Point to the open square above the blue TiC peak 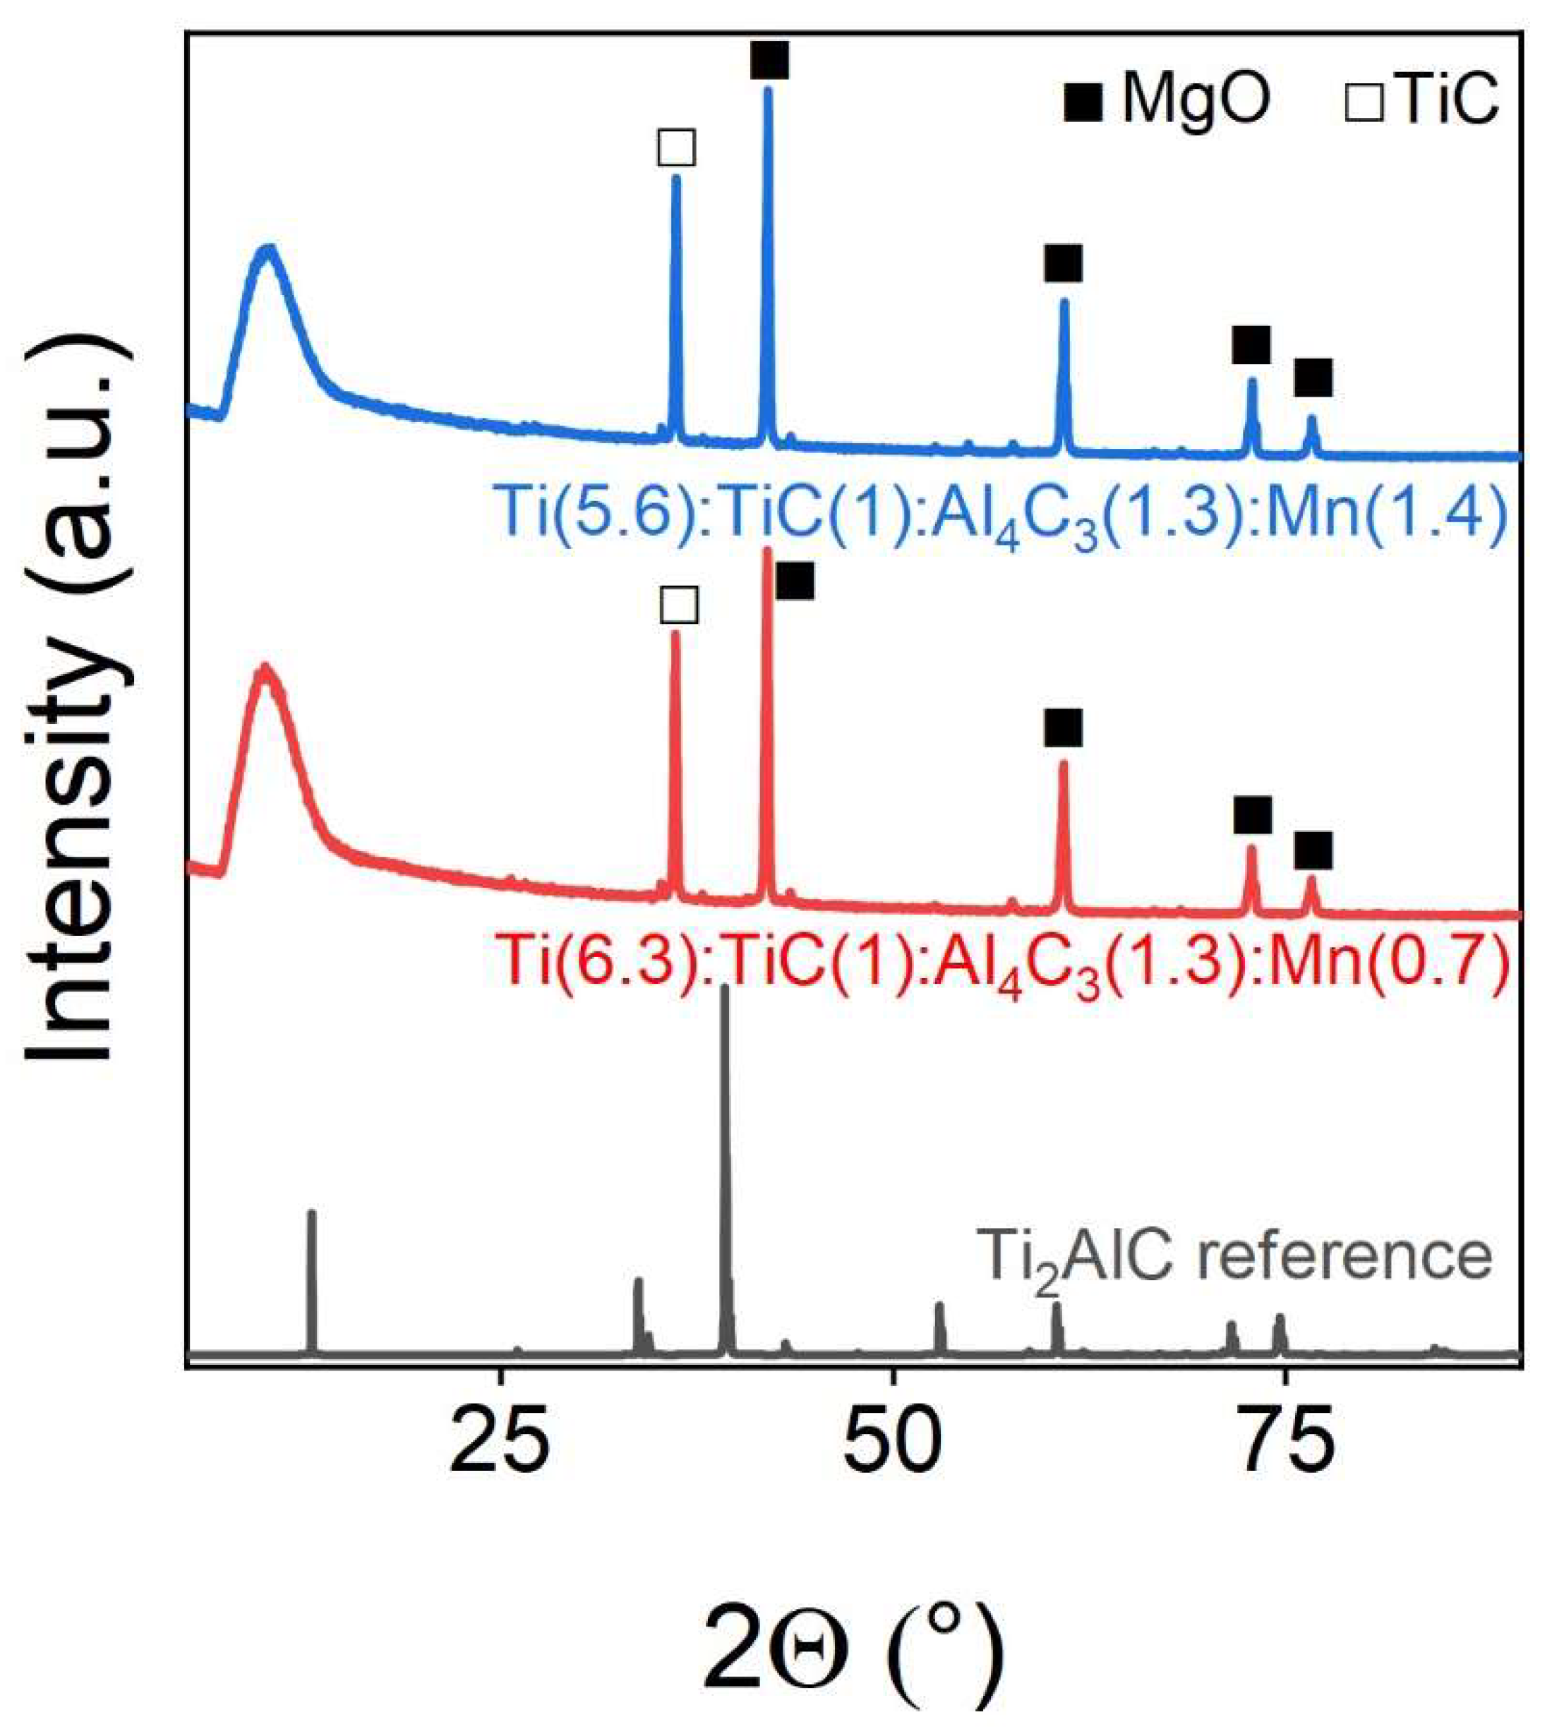[676, 147]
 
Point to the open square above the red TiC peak [680, 606]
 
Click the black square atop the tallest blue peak [769, 61]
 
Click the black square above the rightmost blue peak [1312, 378]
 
